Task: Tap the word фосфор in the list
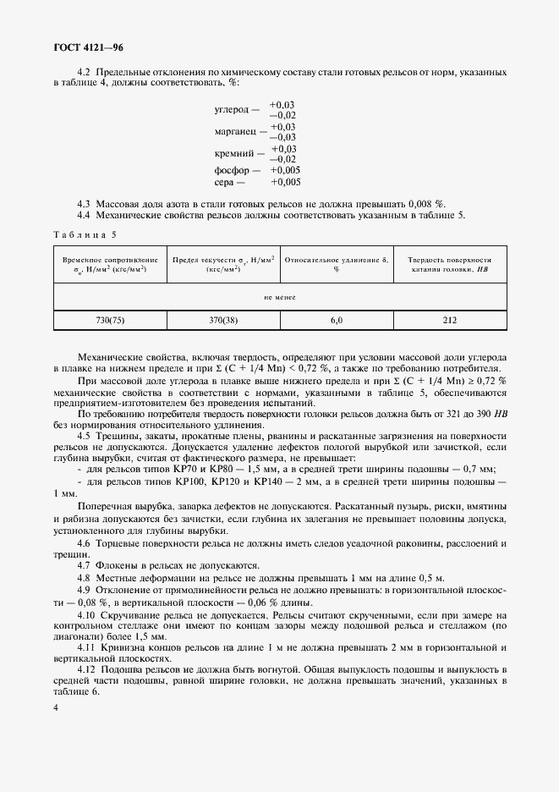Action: (x=232, y=170)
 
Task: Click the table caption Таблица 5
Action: (x=86, y=233)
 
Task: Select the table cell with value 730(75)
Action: (x=110, y=320)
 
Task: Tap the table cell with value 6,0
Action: (x=336, y=320)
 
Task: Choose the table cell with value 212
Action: (x=449, y=320)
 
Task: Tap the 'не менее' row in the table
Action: (x=279, y=297)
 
